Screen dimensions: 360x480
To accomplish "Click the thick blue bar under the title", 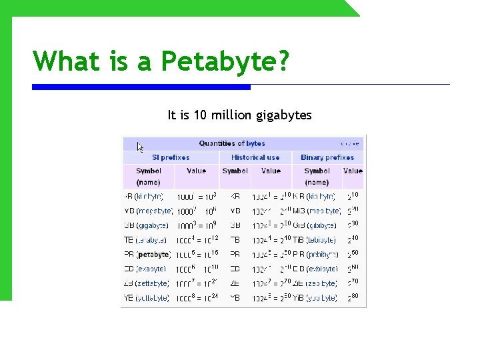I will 141,87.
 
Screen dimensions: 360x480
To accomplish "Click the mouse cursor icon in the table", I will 141,147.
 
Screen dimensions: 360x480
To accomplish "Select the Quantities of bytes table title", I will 231,143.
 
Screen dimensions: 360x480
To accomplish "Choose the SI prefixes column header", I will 171,157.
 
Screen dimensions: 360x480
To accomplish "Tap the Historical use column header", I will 255,157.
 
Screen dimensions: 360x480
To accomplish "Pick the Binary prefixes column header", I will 327,157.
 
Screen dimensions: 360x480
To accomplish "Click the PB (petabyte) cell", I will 147,255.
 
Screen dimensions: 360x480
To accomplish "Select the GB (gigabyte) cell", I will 147,225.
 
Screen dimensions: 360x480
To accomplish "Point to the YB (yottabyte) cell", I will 147,299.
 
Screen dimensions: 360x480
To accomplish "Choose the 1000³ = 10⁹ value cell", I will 196,225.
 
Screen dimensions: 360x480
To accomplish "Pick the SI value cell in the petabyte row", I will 196,255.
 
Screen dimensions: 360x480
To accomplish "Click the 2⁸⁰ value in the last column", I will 353,298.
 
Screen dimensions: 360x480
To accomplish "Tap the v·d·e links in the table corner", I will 350,143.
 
